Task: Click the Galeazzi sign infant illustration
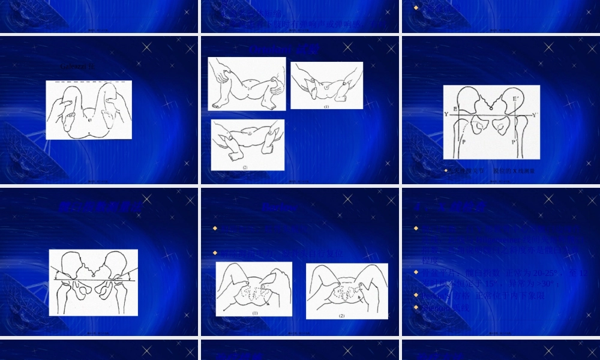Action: click(89, 110)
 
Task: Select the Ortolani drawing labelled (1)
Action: click(326, 85)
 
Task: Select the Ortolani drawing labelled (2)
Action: click(247, 145)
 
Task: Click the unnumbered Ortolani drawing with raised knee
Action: click(247, 84)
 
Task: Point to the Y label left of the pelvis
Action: click(446, 114)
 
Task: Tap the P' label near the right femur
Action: click(514, 142)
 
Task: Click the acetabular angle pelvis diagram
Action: click(93, 282)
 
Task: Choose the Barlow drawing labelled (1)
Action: click(254, 289)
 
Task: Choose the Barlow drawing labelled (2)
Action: click(346, 291)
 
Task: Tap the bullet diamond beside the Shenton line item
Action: click(416, 307)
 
